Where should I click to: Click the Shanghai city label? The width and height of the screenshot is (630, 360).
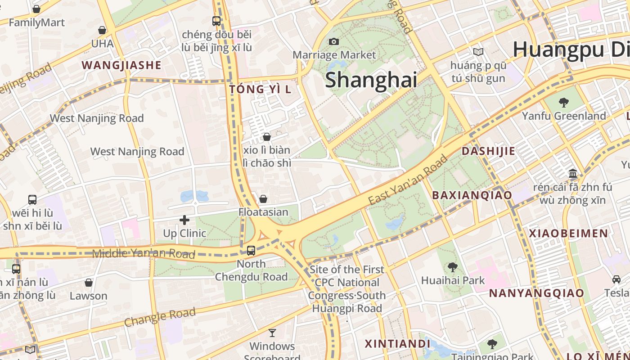(x=371, y=80)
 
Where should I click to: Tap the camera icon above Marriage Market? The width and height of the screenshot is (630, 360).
(x=334, y=41)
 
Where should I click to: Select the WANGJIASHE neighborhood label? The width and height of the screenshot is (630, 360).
(x=121, y=65)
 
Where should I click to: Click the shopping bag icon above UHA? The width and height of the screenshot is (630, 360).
(x=102, y=30)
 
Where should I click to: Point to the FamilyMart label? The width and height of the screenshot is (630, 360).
(x=36, y=22)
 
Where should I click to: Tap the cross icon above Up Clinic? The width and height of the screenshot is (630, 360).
(x=184, y=220)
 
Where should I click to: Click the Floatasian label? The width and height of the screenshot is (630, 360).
(x=263, y=211)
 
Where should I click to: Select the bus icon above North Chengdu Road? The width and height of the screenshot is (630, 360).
(x=251, y=251)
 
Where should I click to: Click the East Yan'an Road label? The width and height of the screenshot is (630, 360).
(x=408, y=180)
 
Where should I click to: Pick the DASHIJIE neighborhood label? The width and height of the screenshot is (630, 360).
(x=488, y=151)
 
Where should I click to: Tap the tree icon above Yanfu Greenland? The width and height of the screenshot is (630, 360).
(x=563, y=103)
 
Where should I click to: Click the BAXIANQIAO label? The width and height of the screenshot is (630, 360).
(x=472, y=195)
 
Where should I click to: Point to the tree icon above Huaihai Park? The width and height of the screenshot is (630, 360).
(x=453, y=267)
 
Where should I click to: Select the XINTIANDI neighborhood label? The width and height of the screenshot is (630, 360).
(x=397, y=344)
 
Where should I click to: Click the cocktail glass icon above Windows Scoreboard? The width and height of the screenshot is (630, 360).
(x=272, y=333)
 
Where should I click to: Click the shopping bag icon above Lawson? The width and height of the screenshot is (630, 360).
(x=89, y=283)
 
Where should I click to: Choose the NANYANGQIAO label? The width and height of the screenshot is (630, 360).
(x=536, y=293)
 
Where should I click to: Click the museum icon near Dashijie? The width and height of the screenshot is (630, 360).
(x=573, y=174)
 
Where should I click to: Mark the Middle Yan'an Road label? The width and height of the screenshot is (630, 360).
(x=144, y=254)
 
